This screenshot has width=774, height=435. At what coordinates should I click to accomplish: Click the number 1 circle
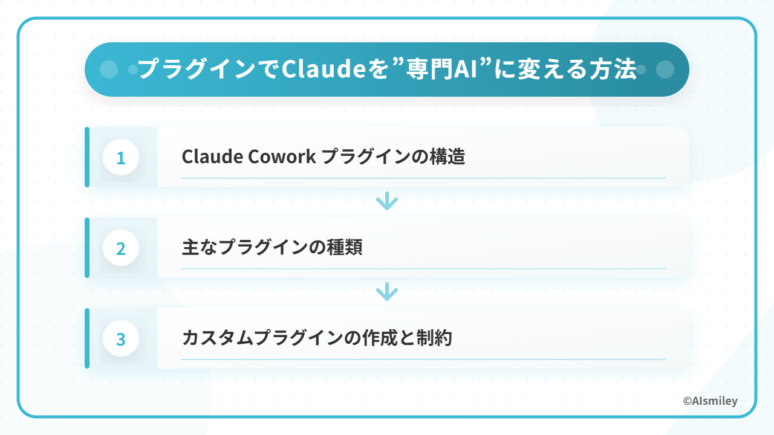tap(121, 157)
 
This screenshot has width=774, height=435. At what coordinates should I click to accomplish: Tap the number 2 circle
tap(121, 248)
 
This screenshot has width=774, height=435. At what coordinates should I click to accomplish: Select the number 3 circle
tap(121, 338)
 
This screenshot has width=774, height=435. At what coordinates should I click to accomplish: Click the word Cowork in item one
tap(282, 156)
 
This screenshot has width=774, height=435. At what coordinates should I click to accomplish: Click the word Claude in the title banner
tap(324, 69)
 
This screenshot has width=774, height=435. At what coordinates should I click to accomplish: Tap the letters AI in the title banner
tap(466, 69)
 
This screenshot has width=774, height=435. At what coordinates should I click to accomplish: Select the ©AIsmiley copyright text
tap(710, 401)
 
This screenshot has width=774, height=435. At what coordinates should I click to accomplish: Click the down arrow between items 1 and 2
tap(387, 201)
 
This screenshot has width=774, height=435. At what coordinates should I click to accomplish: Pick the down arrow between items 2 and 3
tap(387, 292)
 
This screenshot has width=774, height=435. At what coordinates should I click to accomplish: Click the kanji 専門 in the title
tap(429, 69)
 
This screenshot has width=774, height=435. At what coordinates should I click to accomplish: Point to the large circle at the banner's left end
tap(109, 69)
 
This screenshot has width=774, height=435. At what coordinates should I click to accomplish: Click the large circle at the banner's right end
tap(665, 69)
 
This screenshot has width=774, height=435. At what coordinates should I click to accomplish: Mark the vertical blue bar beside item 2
tap(87, 248)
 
